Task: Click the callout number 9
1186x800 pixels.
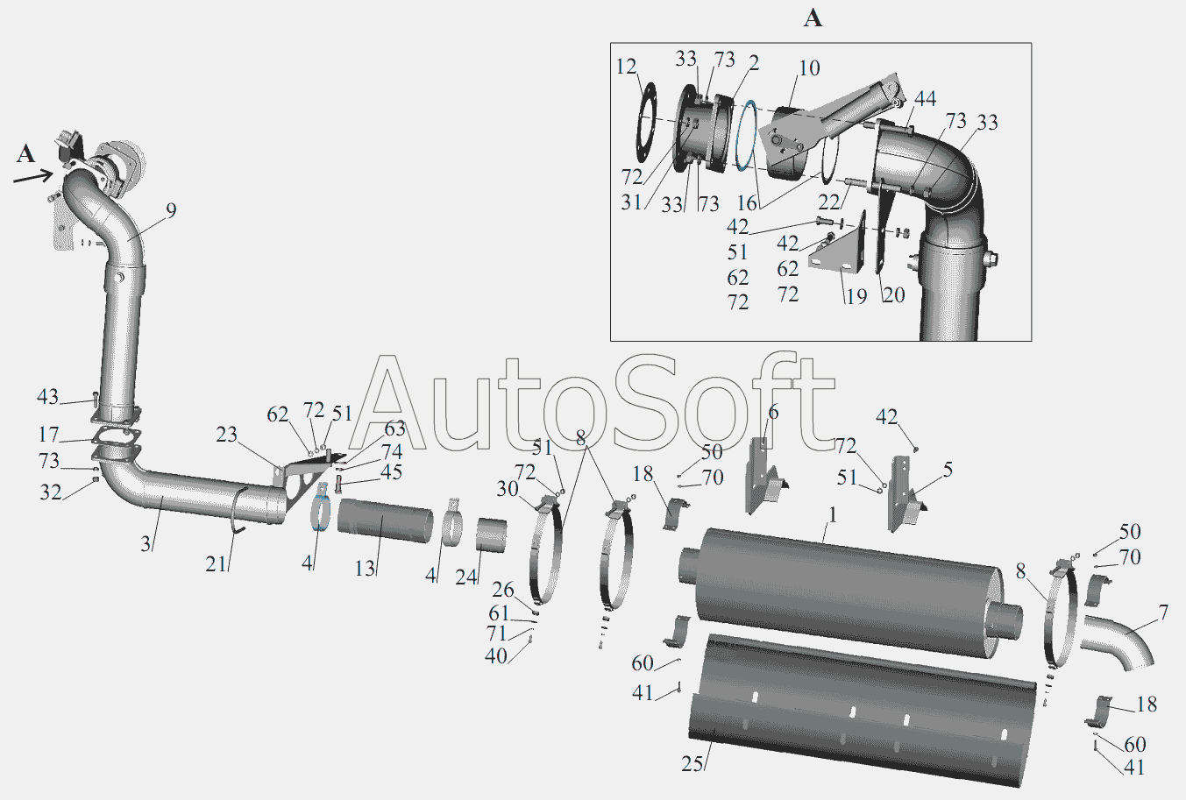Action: [170, 210]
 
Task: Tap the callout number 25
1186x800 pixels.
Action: [692, 764]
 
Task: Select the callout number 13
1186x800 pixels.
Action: [366, 568]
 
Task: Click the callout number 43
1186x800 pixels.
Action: [47, 397]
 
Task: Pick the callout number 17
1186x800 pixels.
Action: [48, 435]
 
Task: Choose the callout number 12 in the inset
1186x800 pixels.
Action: [626, 67]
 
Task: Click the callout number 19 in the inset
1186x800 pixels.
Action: [856, 296]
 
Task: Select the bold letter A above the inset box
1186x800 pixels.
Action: [813, 18]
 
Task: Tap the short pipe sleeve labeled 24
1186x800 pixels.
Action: [493, 535]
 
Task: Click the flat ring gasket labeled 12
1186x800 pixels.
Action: [650, 129]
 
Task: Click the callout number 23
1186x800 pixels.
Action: [227, 435]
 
